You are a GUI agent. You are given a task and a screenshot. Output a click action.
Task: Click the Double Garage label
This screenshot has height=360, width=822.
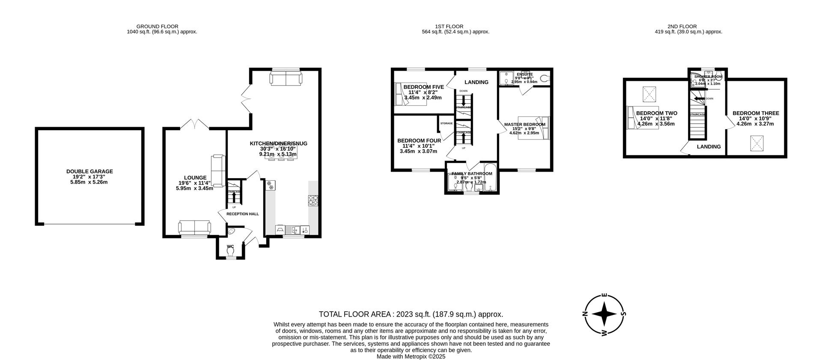click(x=89, y=171)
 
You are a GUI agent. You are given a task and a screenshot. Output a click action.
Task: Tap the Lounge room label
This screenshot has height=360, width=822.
click(x=195, y=178)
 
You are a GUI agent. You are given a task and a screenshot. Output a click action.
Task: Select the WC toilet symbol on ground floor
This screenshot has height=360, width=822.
click(x=231, y=252)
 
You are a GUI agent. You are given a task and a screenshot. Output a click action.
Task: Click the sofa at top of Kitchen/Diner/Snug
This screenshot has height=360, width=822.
click(x=286, y=78)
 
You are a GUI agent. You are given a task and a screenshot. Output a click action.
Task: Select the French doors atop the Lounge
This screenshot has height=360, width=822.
click(x=195, y=124)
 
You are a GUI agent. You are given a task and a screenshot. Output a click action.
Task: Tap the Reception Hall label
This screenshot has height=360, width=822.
click(x=242, y=214)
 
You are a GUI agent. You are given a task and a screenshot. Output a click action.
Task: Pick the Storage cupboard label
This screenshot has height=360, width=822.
click(x=447, y=123)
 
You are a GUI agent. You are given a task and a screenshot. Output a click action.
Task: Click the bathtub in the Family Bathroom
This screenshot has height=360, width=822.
click(x=490, y=178)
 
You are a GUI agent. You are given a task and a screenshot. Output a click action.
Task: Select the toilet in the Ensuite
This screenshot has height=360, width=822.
click(x=545, y=78)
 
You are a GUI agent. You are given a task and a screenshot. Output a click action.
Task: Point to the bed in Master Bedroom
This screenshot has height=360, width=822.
click(x=533, y=128)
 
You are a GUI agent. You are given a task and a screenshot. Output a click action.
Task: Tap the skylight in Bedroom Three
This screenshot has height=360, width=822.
click(x=756, y=143)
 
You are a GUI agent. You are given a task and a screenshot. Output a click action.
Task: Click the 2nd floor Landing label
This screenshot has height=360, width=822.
click(x=709, y=146)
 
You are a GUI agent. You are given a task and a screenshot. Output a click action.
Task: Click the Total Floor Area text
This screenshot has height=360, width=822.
click(x=411, y=314)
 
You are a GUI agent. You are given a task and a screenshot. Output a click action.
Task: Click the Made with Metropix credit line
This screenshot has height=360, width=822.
click(x=411, y=356)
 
